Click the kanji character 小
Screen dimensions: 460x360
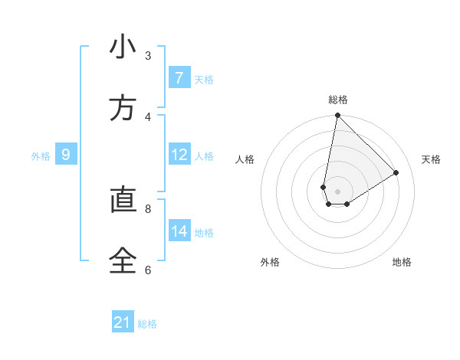[x=123, y=47]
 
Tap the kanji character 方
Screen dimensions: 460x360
[x=123, y=109]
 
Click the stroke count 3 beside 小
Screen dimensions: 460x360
[x=148, y=55]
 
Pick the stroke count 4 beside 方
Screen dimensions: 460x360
[x=148, y=116]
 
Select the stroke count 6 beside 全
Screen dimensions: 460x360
[x=148, y=270]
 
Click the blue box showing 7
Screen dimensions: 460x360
[x=179, y=78]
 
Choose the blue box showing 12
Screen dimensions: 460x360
[x=179, y=155]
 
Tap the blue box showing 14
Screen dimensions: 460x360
[x=179, y=231]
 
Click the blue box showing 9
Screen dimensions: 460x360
[x=66, y=155]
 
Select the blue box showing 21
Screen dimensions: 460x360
[x=123, y=322]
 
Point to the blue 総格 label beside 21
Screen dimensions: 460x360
[x=147, y=324]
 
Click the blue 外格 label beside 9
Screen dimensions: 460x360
[x=41, y=156]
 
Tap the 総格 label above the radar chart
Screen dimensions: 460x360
[x=338, y=100]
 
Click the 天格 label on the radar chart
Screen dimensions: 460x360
[x=432, y=159]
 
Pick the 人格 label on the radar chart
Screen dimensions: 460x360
[x=245, y=159]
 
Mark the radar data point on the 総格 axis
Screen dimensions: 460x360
[x=337, y=116]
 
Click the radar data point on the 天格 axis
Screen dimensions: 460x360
[x=396, y=173]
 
